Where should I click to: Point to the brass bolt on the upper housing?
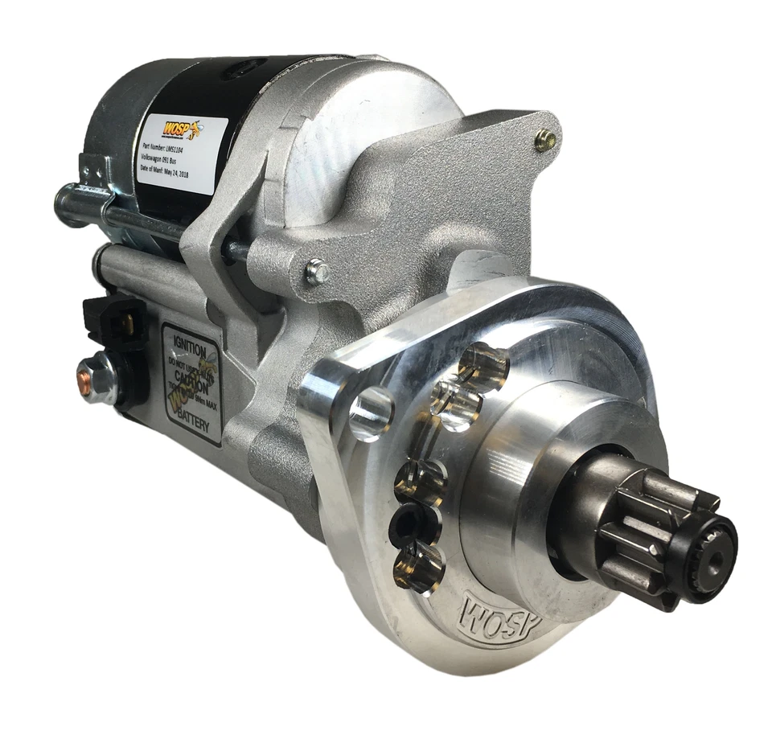(546, 140)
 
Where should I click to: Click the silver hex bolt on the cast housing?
(316, 273)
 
